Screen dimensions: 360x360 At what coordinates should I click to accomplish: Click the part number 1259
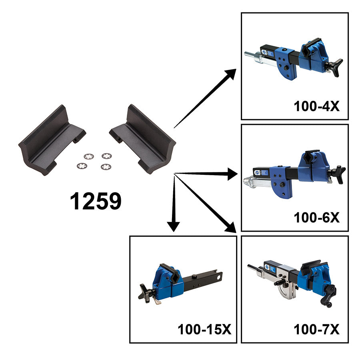(96, 201)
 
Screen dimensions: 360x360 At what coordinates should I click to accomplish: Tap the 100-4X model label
(317, 106)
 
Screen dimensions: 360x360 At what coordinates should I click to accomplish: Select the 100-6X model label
(317, 218)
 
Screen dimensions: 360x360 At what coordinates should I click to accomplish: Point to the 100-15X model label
(204, 330)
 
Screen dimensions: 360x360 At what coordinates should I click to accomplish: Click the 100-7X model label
(317, 330)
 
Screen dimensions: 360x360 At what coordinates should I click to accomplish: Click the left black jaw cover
(52, 140)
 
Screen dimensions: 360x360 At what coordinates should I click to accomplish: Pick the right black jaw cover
(143, 139)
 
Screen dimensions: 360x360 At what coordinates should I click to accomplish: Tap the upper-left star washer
(89, 156)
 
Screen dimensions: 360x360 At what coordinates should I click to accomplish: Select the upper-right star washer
(107, 156)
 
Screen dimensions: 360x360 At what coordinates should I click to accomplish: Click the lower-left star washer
(82, 166)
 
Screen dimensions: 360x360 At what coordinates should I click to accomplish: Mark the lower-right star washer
(106, 167)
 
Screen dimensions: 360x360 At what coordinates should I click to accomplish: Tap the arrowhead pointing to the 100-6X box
(232, 174)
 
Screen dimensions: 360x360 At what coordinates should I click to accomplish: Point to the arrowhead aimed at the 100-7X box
(230, 227)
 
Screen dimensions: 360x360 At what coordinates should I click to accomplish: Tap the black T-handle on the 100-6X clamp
(338, 174)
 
